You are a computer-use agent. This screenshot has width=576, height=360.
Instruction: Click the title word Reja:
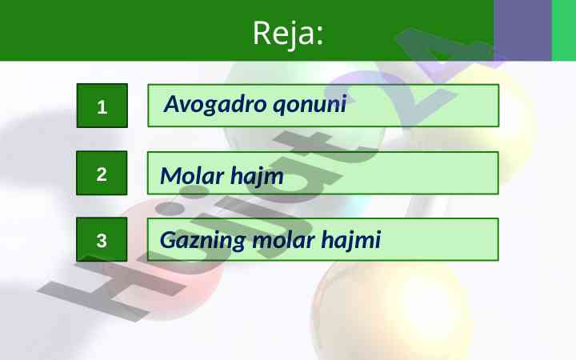[288, 34]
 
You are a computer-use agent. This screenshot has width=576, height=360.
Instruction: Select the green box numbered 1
[102, 106]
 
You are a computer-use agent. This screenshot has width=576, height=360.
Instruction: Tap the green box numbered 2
[102, 173]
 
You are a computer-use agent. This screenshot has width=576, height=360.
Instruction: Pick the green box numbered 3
[102, 239]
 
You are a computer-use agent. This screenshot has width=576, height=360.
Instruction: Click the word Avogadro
[215, 104]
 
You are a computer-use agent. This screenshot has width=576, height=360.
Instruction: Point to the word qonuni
[310, 105]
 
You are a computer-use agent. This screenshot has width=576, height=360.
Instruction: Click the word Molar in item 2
[192, 175]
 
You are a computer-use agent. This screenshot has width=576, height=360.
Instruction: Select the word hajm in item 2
[257, 176]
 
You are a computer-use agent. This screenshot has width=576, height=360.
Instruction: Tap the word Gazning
[202, 241]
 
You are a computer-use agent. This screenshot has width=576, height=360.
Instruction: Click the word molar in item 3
[283, 240]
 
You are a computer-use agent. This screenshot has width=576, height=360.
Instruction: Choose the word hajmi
[351, 241]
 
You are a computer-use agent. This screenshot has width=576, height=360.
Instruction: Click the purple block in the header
[522, 30]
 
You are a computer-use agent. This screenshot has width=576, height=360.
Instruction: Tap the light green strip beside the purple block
[564, 30]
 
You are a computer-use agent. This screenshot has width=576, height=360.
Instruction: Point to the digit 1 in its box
[102, 108]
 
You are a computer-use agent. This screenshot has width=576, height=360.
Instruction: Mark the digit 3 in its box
[102, 241]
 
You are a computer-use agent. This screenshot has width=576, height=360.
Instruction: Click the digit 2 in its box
[102, 174]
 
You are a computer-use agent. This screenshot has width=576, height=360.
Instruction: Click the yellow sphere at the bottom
[391, 312]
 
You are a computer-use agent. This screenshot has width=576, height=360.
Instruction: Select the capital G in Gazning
[169, 240]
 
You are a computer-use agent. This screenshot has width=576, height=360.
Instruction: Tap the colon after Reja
[320, 36]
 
